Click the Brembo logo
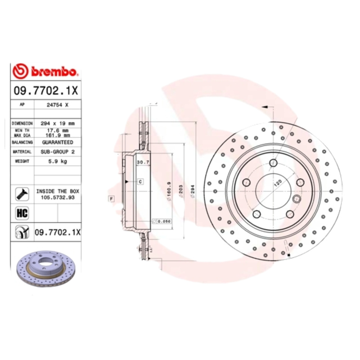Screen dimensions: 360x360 pyautogui.click(x=45, y=71)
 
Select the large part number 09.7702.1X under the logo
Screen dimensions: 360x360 pyautogui.click(x=45, y=90)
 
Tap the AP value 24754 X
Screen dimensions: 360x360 pyautogui.click(x=58, y=104)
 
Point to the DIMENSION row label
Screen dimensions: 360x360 pyautogui.click(x=22, y=123)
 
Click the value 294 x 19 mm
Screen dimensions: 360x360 pyautogui.click(x=58, y=123)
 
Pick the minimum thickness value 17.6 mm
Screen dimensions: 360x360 pyautogui.click(x=58, y=130)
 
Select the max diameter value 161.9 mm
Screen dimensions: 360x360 pyautogui.click(x=58, y=135)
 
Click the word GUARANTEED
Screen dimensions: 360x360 pyautogui.click(x=58, y=142)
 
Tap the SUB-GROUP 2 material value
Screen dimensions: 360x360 pyautogui.click(x=58, y=152)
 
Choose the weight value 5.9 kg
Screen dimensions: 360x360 pyautogui.click(x=58, y=161)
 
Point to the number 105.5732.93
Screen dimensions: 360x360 pyautogui.click(x=58, y=197)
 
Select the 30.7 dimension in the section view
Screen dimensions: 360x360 pyautogui.click(x=143, y=162)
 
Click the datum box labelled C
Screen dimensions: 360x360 pyautogui.click(x=140, y=181)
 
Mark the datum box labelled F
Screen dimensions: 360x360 pyautogui.click(x=110, y=198)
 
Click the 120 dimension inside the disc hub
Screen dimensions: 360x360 pyautogui.click(x=278, y=183)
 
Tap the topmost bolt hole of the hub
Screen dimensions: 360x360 pyautogui.click(x=273, y=163)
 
